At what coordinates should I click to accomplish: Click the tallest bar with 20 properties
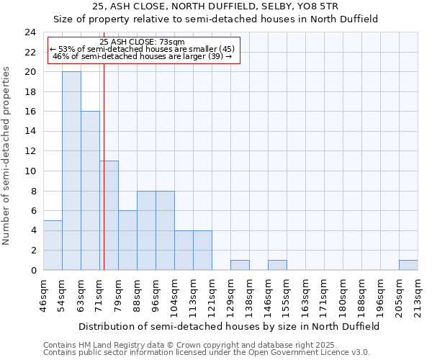coord(71,171)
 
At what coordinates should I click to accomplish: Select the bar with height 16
coord(90,191)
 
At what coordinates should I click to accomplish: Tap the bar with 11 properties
coord(109,215)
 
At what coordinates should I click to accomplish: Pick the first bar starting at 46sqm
coord(53,245)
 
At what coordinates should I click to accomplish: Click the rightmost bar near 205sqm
coord(408,265)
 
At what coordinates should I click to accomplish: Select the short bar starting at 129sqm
coord(240,265)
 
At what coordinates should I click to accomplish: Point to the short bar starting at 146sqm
coord(277,265)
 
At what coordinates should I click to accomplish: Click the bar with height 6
coord(127,240)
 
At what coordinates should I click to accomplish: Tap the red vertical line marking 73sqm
coord(104,144)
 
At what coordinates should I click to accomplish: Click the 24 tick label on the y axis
coord(30,32)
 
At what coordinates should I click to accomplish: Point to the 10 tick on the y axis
coord(30,171)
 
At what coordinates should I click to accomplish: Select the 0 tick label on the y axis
coord(33,270)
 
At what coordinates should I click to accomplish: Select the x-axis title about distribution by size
coord(228,326)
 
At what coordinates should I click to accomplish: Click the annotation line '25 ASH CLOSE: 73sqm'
coord(143,42)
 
